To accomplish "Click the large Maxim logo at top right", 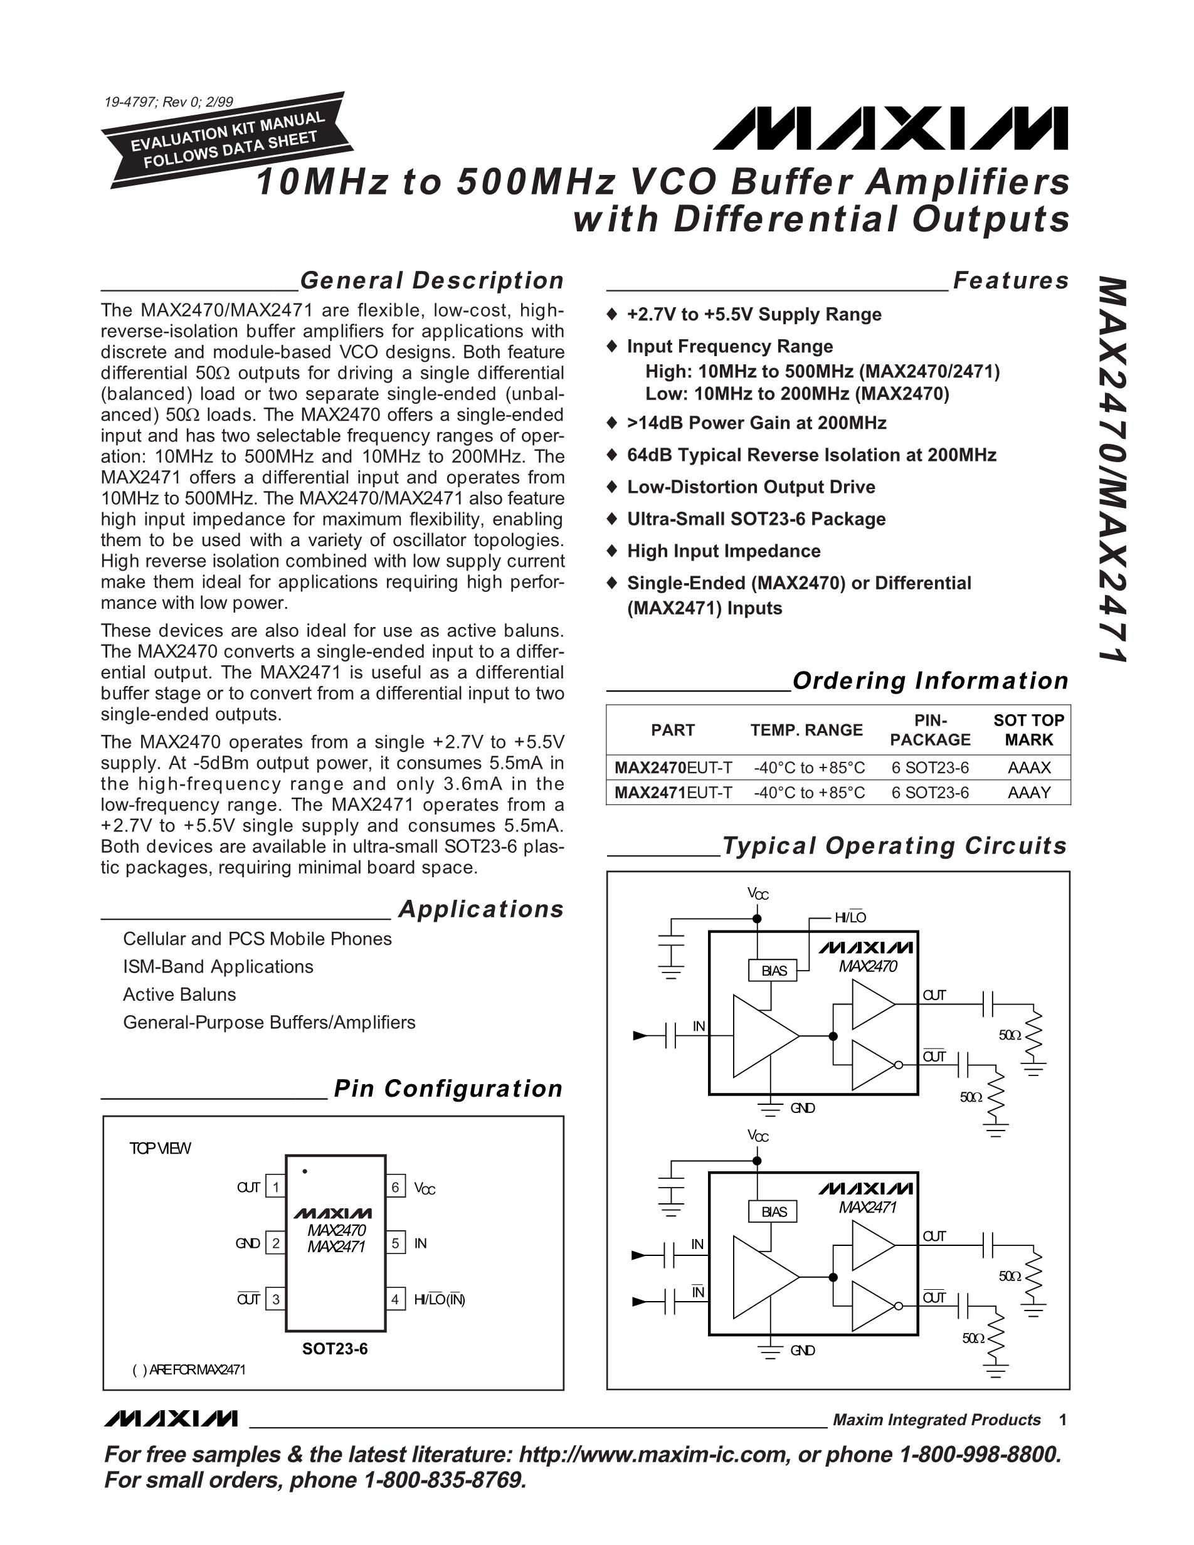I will click(890, 129).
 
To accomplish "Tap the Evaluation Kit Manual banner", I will click(228, 139).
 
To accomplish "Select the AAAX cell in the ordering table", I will click(1028, 767).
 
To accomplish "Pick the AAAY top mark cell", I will click(1028, 793).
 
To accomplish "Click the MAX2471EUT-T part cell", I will click(673, 793).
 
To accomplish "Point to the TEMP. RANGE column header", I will click(806, 730).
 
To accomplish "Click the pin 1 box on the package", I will click(275, 1187).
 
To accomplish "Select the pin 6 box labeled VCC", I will click(396, 1187).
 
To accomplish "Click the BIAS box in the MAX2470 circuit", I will click(773, 971).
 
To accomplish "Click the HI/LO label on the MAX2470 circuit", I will click(850, 917).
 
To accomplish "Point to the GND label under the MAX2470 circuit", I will click(803, 1108).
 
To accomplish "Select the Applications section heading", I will click(481, 909).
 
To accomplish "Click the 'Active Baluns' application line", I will click(180, 994).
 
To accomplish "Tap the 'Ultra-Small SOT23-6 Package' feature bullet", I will click(756, 519).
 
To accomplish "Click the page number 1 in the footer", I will click(1062, 1420).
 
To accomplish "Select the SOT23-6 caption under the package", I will click(335, 1349).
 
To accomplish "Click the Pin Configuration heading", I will click(448, 1089).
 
